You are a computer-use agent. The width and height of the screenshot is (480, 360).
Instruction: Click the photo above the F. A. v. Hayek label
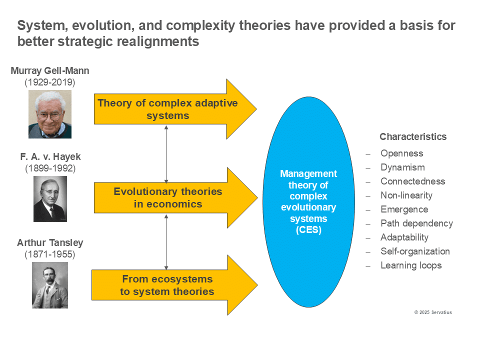(x=50, y=114)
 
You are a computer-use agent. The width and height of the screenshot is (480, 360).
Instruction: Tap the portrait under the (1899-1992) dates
(x=50, y=199)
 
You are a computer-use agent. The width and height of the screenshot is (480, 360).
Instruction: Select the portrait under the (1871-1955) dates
(x=50, y=285)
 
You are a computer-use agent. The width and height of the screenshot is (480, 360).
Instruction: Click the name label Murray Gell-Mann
(x=50, y=70)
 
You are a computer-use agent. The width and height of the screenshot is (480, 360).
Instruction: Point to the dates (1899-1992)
(x=50, y=168)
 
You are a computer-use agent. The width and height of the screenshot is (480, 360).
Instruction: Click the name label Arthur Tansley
(x=50, y=243)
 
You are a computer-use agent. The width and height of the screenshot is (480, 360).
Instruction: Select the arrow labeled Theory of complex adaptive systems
(x=175, y=109)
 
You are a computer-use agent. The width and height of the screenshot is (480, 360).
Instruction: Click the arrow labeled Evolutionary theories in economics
(x=175, y=198)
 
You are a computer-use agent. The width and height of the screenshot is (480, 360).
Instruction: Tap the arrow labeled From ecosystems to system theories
(x=174, y=285)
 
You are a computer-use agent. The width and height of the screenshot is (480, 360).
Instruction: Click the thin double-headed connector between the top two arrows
(x=166, y=154)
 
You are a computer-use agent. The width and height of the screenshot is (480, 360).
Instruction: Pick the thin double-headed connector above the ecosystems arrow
(x=166, y=242)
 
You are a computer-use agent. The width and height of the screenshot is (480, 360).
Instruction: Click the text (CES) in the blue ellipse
(x=308, y=229)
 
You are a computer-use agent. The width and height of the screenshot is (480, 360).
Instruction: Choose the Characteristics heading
(x=413, y=137)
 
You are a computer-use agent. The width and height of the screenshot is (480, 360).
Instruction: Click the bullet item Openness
(x=402, y=153)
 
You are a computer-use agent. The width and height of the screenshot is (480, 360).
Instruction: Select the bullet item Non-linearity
(x=406, y=195)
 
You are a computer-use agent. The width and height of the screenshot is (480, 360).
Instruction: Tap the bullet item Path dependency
(x=416, y=223)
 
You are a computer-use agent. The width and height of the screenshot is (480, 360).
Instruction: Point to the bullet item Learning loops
(x=411, y=265)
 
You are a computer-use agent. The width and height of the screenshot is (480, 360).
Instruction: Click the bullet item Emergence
(x=404, y=209)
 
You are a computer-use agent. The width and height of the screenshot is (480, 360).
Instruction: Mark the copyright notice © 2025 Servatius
(x=433, y=312)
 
